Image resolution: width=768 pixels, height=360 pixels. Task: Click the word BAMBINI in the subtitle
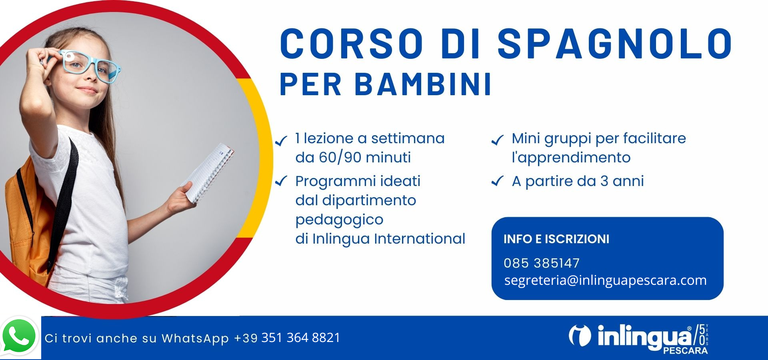(423, 84)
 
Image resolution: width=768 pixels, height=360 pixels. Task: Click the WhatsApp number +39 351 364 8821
(287, 338)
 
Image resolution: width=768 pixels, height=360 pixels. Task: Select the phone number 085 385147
(542, 263)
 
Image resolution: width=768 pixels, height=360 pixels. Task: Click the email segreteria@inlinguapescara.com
(605, 280)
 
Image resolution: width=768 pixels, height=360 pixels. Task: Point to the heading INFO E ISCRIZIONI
(556, 239)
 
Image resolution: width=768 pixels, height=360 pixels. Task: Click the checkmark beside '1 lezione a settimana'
(281, 140)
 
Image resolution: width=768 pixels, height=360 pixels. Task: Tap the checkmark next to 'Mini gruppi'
(497, 140)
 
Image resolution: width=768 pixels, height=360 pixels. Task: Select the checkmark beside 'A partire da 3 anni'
(497, 181)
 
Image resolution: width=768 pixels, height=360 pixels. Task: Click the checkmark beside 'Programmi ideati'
(281, 181)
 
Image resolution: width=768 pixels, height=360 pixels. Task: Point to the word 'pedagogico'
(339, 220)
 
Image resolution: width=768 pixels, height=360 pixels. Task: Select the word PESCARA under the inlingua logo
(685, 351)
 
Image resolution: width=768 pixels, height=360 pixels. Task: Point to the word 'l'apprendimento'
(571, 158)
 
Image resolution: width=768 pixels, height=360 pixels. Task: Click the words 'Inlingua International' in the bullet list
(388, 239)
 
